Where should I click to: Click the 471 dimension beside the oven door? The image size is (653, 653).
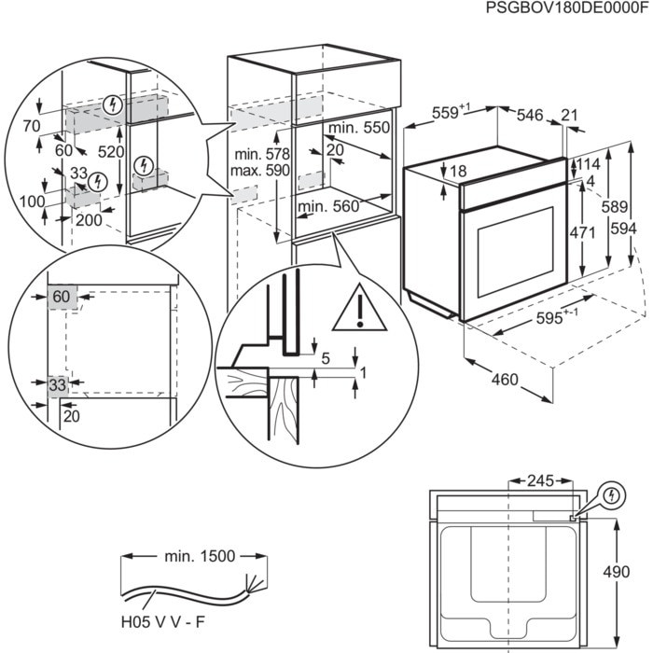click(x=582, y=233)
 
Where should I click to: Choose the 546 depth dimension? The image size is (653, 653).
click(x=529, y=115)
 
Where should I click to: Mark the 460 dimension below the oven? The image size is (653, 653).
click(x=504, y=381)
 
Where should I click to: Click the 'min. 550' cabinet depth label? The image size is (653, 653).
click(x=357, y=128)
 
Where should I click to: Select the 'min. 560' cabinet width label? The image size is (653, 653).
click(x=328, y=206)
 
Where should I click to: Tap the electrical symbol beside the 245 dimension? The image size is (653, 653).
click(x=611, y=494)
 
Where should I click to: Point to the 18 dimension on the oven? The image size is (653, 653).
click(x=457, y=171)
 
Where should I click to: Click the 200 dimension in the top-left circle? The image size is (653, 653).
click(x=90, y=219)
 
